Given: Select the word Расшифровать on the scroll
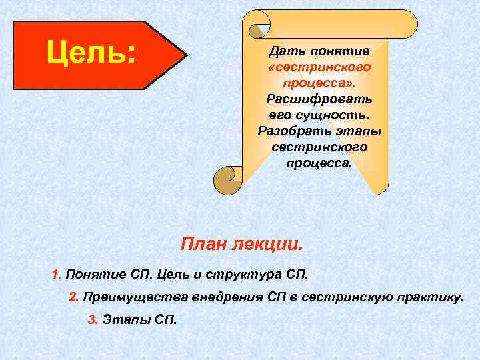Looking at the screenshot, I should pos(319,99).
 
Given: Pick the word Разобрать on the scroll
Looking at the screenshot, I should pos(291,131).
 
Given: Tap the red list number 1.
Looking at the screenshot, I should pos(56,274).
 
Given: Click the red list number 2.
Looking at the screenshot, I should pos(73,297).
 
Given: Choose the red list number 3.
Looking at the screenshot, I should pos(93,319).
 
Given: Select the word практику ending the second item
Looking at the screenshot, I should pos(429,297).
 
